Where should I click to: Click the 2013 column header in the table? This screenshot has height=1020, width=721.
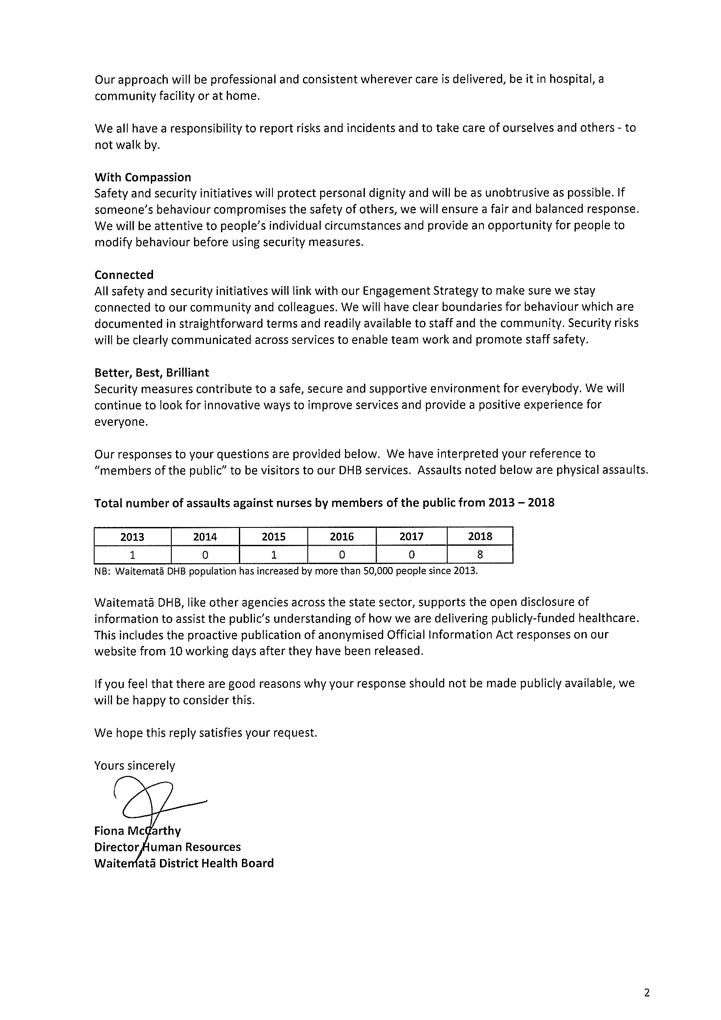point(133,537)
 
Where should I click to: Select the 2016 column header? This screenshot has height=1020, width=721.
point(342,537)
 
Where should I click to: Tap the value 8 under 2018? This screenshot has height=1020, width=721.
point(480,554)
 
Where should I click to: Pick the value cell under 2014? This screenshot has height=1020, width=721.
point(205,554)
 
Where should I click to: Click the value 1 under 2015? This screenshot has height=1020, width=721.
point(274,554)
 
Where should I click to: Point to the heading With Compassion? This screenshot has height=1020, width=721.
point(143,177)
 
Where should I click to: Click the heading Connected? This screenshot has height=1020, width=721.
point(124,275)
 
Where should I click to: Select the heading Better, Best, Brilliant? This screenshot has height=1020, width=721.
point(152,372)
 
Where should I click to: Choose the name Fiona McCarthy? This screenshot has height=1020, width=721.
point(137,830)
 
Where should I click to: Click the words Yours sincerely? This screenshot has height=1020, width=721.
point(135,765)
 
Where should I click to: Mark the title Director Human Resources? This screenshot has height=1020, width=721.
point(167,847)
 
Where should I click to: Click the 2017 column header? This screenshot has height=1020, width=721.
point(412,537)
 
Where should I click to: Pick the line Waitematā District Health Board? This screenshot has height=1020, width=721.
point(184,863)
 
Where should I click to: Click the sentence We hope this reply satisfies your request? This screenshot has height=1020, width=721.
point(206,733)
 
